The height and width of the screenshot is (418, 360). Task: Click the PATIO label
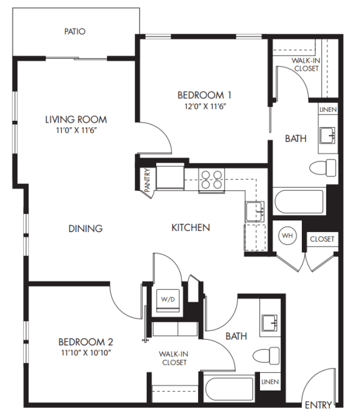[74, 31]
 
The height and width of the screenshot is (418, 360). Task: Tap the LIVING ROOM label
[76, 120]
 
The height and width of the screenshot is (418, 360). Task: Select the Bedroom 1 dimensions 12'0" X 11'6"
[205, 106]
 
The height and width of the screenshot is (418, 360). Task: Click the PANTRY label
[147, 180]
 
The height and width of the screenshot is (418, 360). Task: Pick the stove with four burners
[212, 180]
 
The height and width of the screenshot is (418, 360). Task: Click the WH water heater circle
[287, 236]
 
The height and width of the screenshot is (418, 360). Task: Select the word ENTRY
[317, 405]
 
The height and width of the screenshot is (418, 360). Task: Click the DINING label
[86, 228]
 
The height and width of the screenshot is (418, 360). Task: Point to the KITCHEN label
[191, 228]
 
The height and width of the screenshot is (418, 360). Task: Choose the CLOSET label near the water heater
[322, 239]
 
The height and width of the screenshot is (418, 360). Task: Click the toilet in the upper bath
[322, 168]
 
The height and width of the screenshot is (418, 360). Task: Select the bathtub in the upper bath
[299, 201]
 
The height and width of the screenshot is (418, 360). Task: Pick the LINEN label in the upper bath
[328, 110]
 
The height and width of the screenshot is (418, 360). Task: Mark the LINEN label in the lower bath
[270, 381]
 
